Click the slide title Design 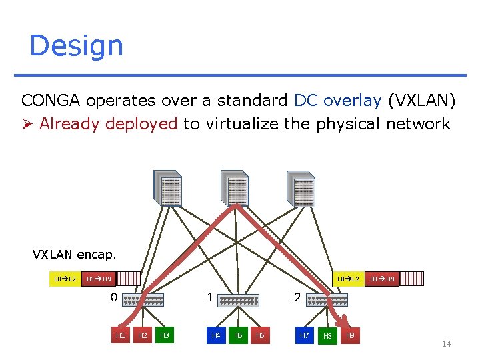click(76, 46)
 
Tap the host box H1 click(121, 335)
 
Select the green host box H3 click(165, 335)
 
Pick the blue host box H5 click(238, 335)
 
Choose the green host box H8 click(327, 336)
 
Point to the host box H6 click(260, 335)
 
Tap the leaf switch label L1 click(207, 297)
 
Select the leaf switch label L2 click(295, 297)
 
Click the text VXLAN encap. click(74, 254)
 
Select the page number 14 click(447, 344)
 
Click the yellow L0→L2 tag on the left click(65, 279)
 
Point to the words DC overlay click(337, 101)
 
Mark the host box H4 click(216, 335)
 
